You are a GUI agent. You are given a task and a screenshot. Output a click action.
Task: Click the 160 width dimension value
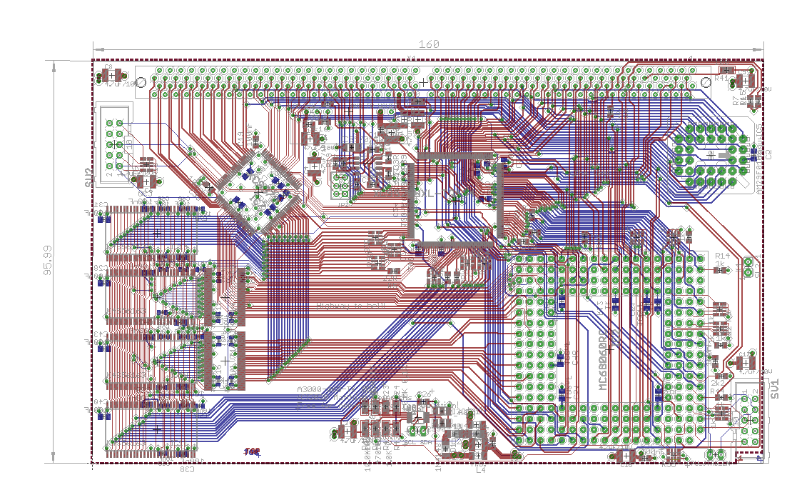tap(428, 44)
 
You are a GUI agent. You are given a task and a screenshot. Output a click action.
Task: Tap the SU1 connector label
tap(775, 389)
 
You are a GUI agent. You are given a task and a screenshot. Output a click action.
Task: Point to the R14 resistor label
tap(722, 256)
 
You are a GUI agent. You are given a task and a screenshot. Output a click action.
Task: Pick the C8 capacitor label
tap(108, 68)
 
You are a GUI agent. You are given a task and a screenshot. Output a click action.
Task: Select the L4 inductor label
tap(480, 470)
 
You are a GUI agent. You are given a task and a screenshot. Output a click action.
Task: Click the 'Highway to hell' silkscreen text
tap(350, 306)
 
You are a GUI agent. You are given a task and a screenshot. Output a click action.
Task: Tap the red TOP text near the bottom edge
tap(252, 452)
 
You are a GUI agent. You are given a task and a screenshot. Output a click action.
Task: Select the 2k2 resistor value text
tap(718, 384)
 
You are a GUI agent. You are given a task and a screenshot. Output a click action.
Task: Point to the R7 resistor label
tap(738, 101)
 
